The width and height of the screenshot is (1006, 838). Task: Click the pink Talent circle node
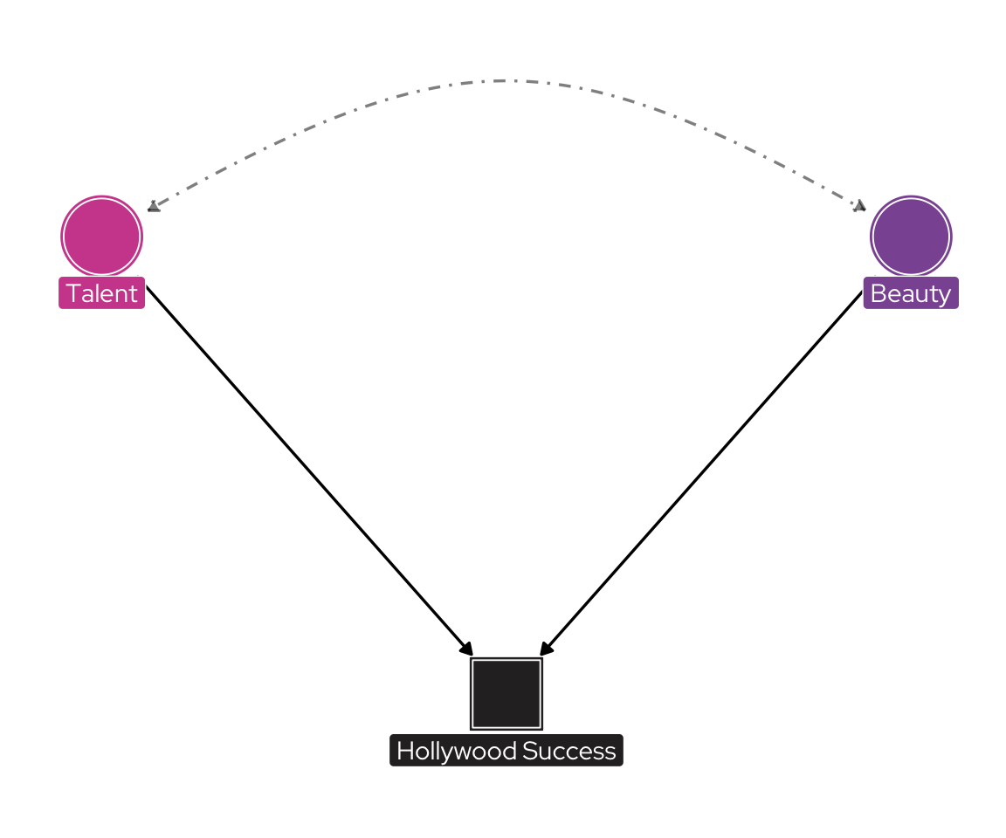tap(101, 236)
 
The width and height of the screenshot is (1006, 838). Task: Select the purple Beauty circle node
tap(911, 236)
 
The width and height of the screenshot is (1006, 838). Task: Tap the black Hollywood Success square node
tap(506, 693)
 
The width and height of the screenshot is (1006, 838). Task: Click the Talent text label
tap(101, 293)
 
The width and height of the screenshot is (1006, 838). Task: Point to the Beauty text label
tap(911, 293)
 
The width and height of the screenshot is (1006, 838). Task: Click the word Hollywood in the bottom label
tap(457, 751)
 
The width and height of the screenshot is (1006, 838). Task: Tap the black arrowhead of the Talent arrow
tap(467, 649)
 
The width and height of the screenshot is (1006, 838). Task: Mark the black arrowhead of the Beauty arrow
tap(546, 649)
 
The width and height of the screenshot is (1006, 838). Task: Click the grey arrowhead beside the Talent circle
tap(154, 206)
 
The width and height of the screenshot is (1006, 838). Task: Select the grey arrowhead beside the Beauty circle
tap(859, 205)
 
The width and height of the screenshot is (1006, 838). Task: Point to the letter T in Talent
tap(72, 293)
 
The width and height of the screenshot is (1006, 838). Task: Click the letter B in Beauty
tap(878, 293)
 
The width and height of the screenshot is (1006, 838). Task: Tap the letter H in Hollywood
tap(404, 751)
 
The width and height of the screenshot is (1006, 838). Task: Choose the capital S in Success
tap(529, 751)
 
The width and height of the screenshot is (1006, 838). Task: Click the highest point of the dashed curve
tap(505, 80)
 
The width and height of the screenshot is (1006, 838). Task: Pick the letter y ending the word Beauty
tap(944, 295)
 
